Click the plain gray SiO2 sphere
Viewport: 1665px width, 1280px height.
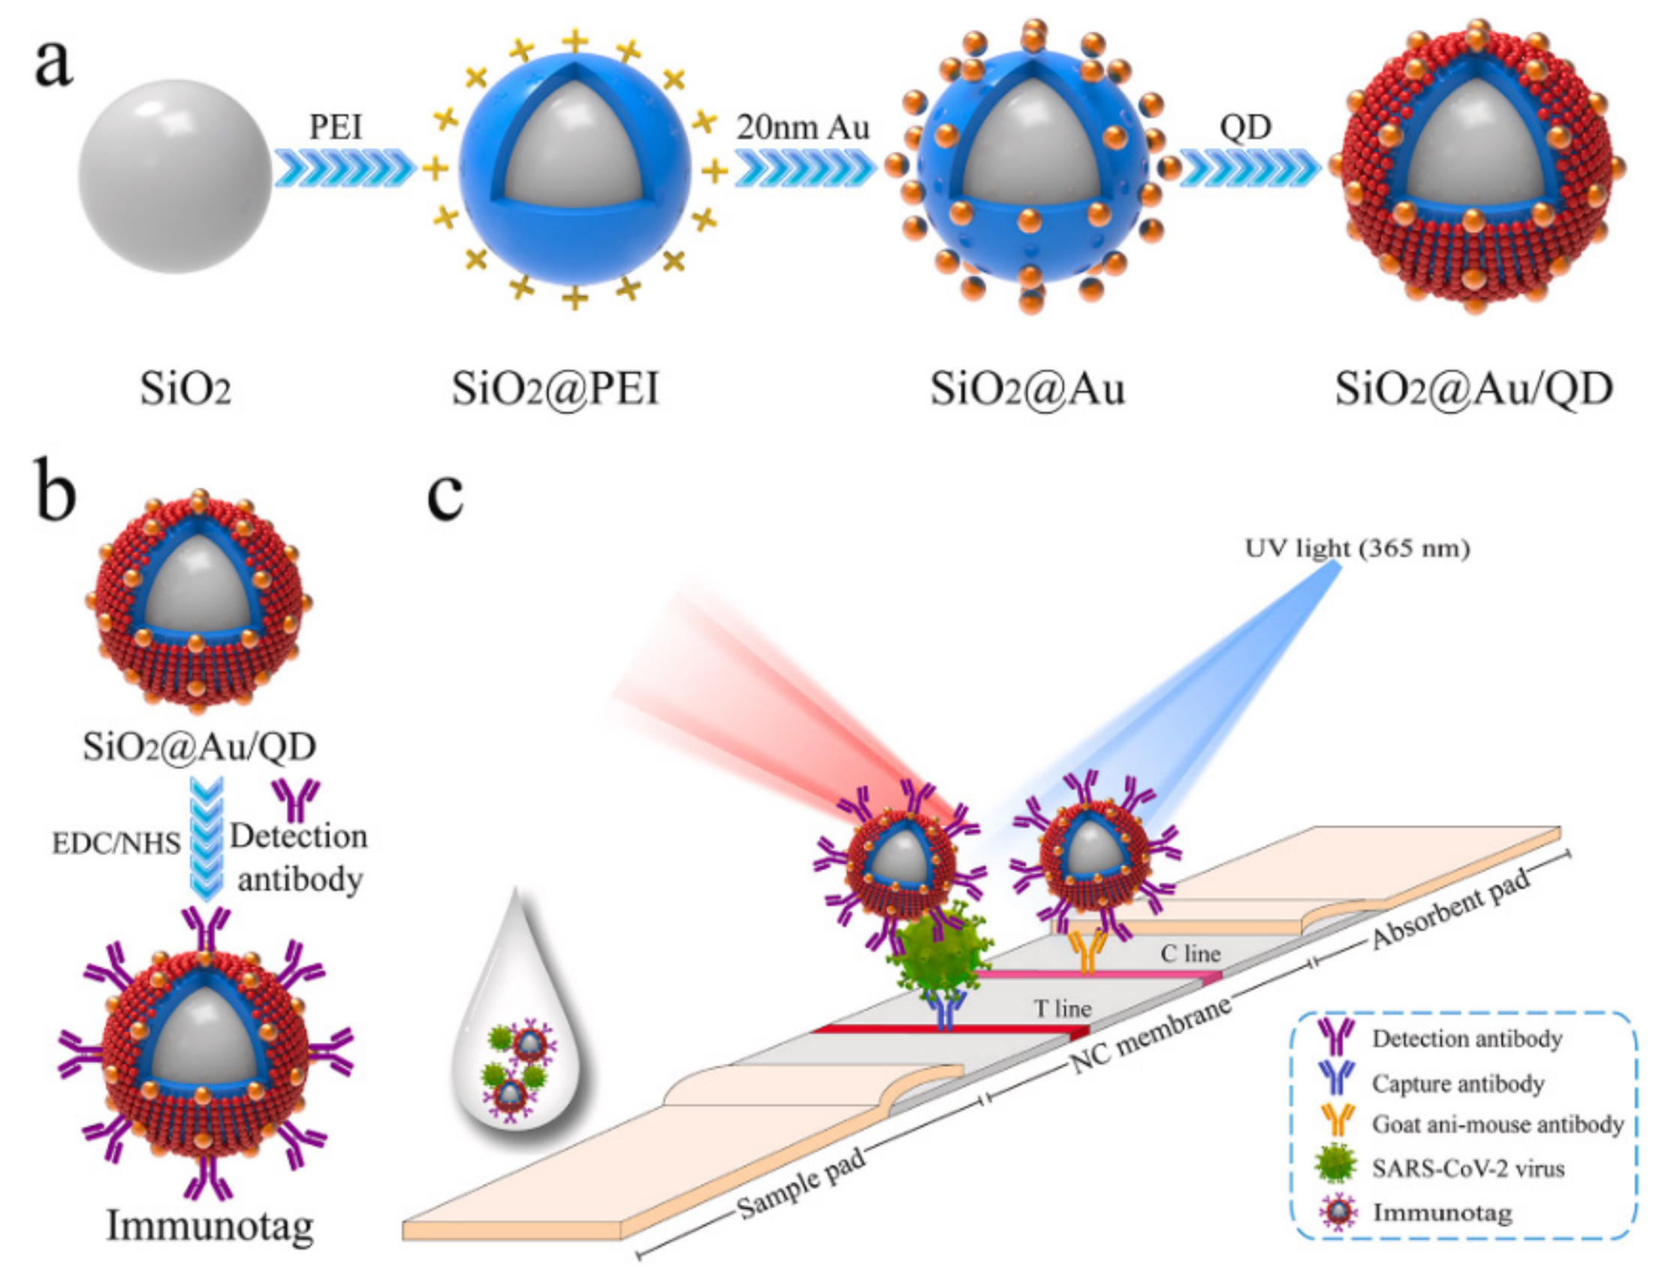click(x=174, y=176)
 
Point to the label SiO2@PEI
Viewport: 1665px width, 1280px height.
click(x=554, y=388)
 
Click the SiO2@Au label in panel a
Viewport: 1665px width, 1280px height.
click(x=1027, y=388)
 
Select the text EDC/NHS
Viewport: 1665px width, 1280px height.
click(x=116, y=844)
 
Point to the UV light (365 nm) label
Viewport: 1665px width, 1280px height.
click(x=1356, y=548)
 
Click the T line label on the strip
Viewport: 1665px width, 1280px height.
click(x=1062, y=1009)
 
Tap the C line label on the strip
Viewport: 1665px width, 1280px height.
click(x=1190, y=954)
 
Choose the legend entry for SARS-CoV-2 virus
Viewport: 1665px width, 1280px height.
click(x=1467, y=1169)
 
